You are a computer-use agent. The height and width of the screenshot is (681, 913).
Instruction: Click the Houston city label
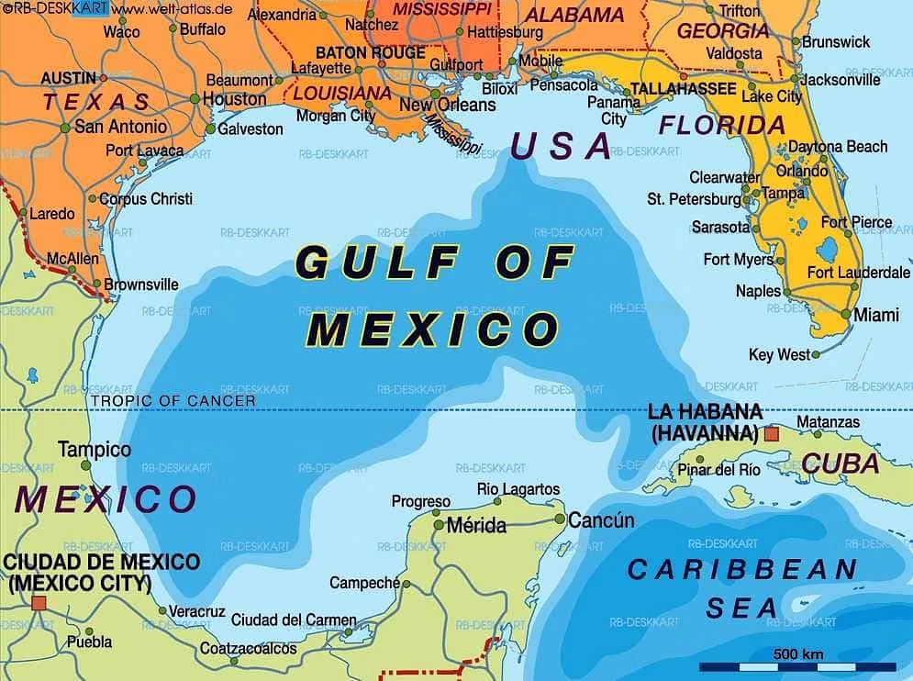(x=234, y=98)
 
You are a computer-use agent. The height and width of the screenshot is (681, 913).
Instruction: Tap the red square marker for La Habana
(x=772, y=433)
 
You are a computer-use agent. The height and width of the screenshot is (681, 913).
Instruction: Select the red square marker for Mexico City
(x=39, y=603)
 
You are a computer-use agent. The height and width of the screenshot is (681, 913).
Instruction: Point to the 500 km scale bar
(x=797, y=666)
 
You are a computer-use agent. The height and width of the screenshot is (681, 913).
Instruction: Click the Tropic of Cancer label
(x=173, y=400)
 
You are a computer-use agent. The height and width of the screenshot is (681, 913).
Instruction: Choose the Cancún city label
(x=602, y=520)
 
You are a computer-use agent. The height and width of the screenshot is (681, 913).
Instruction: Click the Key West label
(x=780, y=354)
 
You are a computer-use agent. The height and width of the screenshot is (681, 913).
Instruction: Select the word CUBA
(x=841, y=463)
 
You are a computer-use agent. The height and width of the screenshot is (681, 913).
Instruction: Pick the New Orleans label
(x=447, y=105)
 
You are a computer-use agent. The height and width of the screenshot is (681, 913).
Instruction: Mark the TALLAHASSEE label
(x=683, y=89)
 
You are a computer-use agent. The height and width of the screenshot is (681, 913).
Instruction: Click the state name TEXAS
(x=96, y=102)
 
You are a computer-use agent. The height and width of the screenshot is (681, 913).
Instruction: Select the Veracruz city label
(x=197, y=611)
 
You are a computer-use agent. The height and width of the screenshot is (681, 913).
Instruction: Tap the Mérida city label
(x=475, y=526)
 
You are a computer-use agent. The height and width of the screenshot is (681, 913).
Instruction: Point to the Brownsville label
(x=141, y=285)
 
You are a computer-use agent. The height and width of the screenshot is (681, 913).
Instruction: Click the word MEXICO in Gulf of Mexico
(x=432, y=329)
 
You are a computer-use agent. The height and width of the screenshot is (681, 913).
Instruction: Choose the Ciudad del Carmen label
(x=294, y=620)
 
